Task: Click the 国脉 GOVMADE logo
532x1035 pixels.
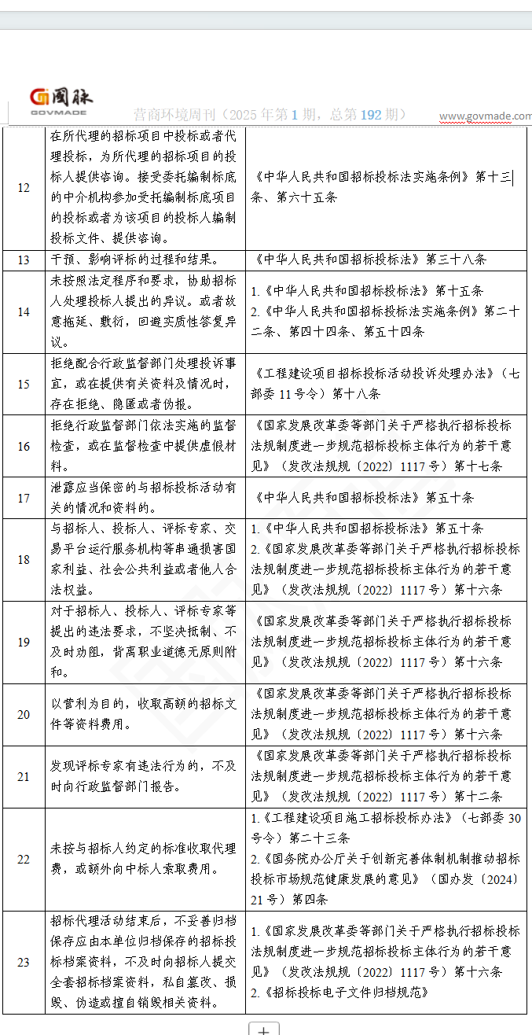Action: click(61, 101)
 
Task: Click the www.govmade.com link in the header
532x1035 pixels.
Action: click(485, 116)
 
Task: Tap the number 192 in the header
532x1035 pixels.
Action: click(371, 115)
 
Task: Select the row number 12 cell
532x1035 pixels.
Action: click(24, 188)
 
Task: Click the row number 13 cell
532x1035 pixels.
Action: click(24, 260)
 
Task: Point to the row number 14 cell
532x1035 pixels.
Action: click(24, 311)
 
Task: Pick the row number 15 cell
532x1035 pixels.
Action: click(24, 384)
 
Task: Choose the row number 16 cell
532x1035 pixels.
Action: click(24, 446)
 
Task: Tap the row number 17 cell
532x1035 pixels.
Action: click(24, 498)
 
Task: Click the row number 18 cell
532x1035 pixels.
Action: click(24, 560)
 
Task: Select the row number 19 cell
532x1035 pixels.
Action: click(24, 643)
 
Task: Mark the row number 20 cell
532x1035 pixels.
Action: click(24, 714)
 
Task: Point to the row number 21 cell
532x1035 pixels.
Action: click(24, 776)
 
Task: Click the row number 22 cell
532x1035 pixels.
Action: click(24, 859)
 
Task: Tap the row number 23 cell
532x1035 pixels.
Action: click(24, 962)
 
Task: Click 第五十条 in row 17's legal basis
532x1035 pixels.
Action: click(449, 498)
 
